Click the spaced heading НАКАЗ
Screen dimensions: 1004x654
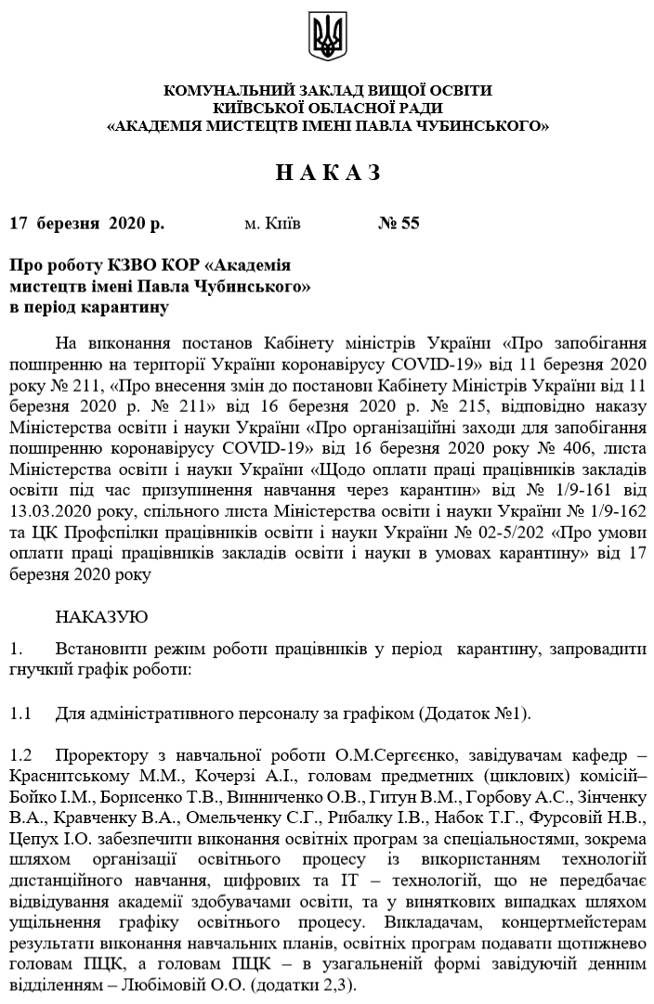point(328,174)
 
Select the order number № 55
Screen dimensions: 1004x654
point(399,224)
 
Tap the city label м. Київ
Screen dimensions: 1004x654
point(272,224)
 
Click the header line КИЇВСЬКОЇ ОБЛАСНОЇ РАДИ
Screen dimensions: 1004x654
point(327,107)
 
